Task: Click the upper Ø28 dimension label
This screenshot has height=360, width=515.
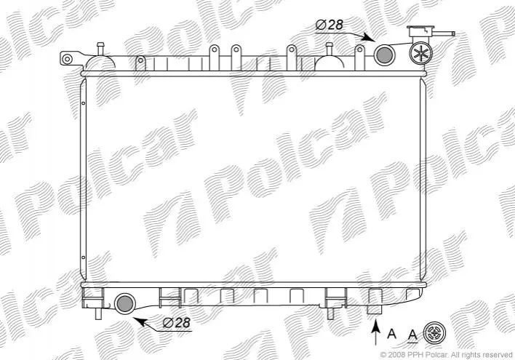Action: (x=329, y=25)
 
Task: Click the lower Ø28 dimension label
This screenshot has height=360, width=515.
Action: (x=176, y=323)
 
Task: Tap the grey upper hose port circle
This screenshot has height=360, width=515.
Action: (x=385, y=55)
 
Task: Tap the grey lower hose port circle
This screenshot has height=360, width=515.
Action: (x=125, y=303)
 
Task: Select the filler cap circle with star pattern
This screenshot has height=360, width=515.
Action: (x=420, y=53)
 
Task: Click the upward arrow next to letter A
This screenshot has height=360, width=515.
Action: (x=376, y=332)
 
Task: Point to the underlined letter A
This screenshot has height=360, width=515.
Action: (x=412, y=335)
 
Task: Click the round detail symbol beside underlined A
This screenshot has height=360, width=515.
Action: (x=434, y=333)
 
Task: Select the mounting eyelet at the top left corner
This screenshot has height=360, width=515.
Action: (x=68, y=60)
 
